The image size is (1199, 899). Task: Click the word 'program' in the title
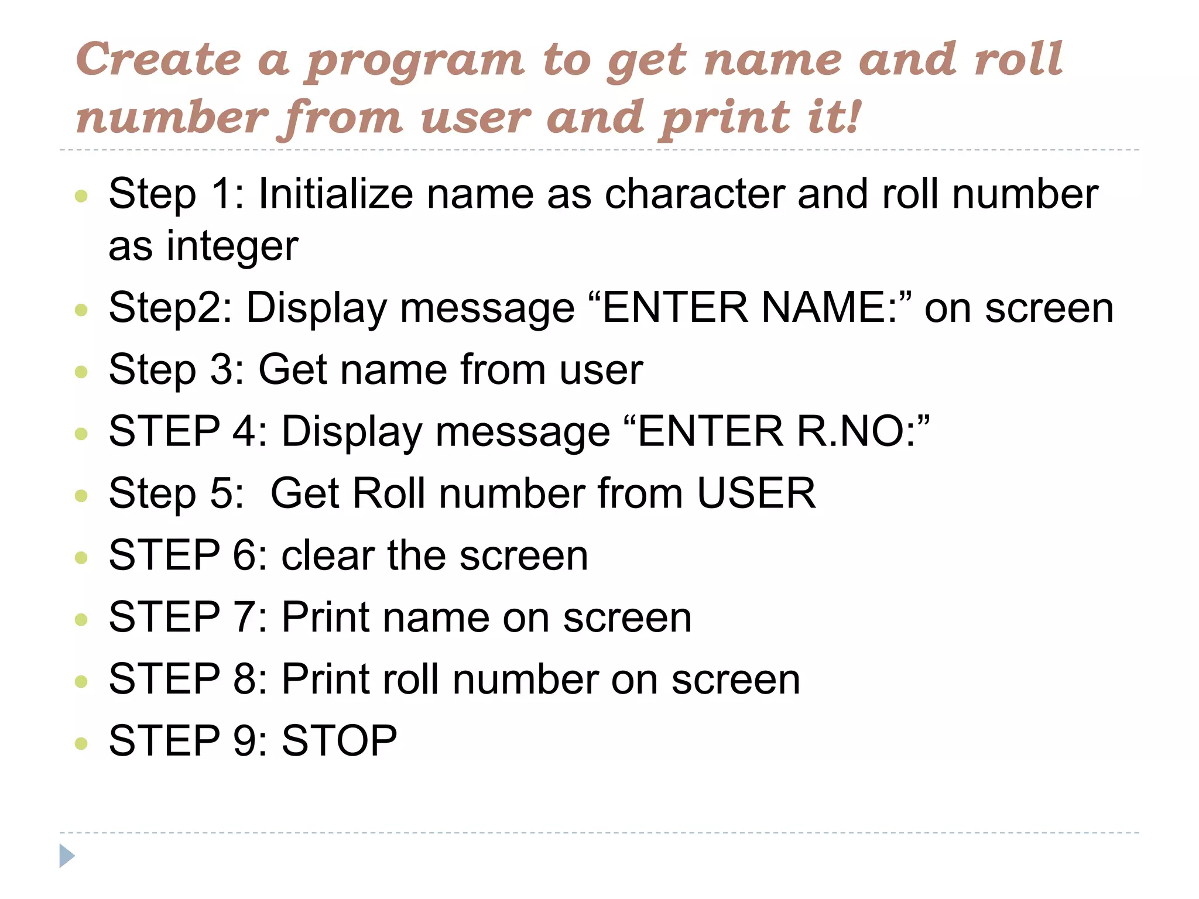(x=415, y=61)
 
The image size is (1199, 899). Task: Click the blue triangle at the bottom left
(x=67, y=856)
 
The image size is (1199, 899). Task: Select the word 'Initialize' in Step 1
(x=335, y=194)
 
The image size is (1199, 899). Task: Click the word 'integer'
(x=232, y=246)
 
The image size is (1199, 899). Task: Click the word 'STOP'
(x=340, y=741)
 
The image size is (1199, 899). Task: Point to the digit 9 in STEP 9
(x=244, y=741)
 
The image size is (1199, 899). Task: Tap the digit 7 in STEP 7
(x=244, y=617)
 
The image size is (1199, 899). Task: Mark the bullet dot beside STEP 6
(x=81, y=557)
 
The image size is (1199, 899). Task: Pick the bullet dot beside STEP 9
(x=81, y=743)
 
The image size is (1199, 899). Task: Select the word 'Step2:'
(x=170, y=308)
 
